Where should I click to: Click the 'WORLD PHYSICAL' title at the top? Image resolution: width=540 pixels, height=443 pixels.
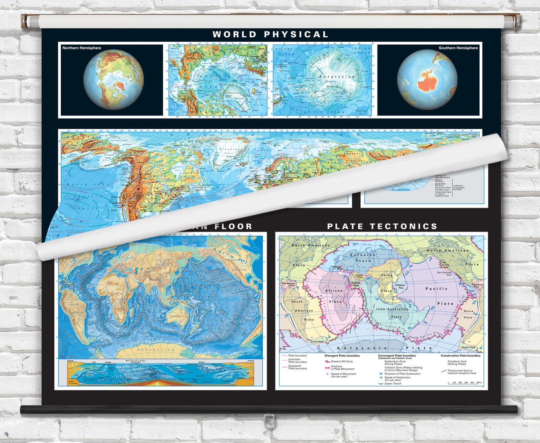[270, 35]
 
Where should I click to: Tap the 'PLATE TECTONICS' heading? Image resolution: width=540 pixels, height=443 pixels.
[382, 227]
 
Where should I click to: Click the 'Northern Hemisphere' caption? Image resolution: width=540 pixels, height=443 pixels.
[82, 48]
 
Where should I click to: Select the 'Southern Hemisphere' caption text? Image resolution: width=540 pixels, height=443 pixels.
[458, 48]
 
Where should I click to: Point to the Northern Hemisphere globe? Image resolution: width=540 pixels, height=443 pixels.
[113, 80]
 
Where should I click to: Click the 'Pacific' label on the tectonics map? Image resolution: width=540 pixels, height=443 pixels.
[436, 289]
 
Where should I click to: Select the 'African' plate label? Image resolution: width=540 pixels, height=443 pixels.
[334, 291]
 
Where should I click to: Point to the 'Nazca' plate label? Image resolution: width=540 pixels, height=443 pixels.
[468, 311]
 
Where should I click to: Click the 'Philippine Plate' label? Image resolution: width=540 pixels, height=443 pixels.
[400, 286]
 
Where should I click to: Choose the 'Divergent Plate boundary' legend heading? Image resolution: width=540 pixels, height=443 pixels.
[342, 356]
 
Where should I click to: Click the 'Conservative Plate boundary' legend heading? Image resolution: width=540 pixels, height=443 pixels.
[460, 356]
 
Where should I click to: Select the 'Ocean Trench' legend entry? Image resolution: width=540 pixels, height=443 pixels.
[393, 384]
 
